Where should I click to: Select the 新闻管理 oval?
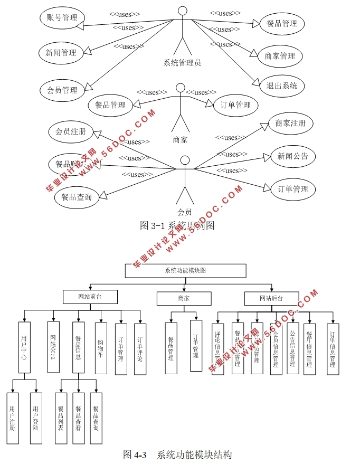click(61, 53)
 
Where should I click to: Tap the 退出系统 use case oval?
click(281, 86)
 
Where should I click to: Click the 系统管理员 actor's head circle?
click(183, 11)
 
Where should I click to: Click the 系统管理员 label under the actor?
click(182, 63)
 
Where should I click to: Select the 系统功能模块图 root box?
click(185, 271)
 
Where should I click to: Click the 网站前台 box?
click(90, 297)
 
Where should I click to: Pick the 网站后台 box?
click(271, 298)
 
